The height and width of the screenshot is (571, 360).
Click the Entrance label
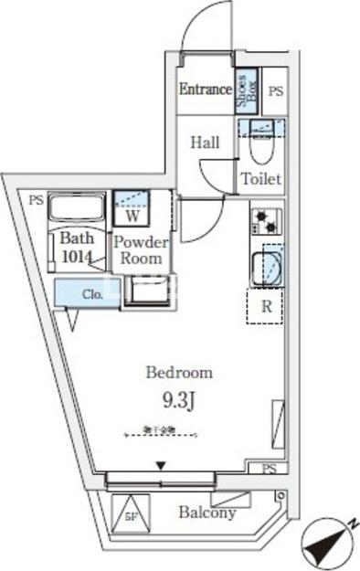(205, 90)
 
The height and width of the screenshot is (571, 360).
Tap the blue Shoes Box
(245, 93)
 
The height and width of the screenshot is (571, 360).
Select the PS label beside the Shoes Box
(276, 91)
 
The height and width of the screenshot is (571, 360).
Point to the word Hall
(206, 143)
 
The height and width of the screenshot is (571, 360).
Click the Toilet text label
(260, 179)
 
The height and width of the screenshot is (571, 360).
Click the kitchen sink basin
(270, 267)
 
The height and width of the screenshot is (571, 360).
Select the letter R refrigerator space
(267, 306)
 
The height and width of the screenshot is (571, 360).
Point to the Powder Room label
(143, 250)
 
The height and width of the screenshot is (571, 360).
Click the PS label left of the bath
(34, 200)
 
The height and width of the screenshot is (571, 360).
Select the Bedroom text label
(180, 373)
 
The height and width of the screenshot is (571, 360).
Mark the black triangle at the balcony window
(161, 467)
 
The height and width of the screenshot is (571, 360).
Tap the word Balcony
(206, 513)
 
